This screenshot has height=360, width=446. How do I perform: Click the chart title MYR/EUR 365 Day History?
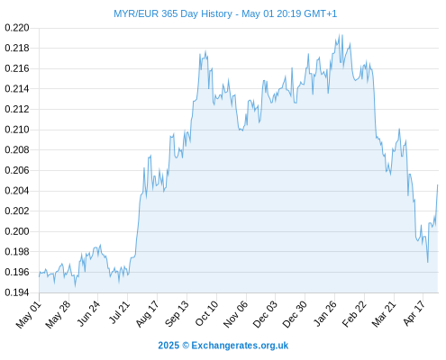click(173, 13)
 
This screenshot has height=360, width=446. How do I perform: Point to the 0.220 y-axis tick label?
click(17, 28)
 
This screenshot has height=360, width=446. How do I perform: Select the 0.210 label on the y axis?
click(17, 130)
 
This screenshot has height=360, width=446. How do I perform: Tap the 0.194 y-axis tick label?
click(17, 292)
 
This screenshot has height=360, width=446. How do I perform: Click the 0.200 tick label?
click(17, 231)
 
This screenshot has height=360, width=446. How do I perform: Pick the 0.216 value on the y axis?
click(17, 68)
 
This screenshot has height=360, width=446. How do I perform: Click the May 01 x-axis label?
click(29, 314)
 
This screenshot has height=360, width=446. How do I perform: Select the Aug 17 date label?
click(147, 313)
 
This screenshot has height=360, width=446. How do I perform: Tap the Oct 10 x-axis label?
click(206, 313)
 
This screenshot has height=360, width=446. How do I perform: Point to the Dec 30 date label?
click(295, 314)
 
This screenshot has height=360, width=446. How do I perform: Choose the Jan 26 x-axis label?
click(325, 313)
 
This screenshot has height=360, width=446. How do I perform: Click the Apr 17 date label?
click(414, 313)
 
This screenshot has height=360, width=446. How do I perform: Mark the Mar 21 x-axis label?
click(384, 313)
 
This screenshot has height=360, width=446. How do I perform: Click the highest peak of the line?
click(339, 34)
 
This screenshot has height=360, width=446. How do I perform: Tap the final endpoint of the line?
click(438, 184)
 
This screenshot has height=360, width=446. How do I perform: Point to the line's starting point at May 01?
click(39, 276)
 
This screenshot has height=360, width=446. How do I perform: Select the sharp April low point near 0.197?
click(428, 262)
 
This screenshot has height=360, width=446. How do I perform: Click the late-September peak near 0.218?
click(205, 51)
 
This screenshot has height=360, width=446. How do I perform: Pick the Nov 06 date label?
click(236, 314)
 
